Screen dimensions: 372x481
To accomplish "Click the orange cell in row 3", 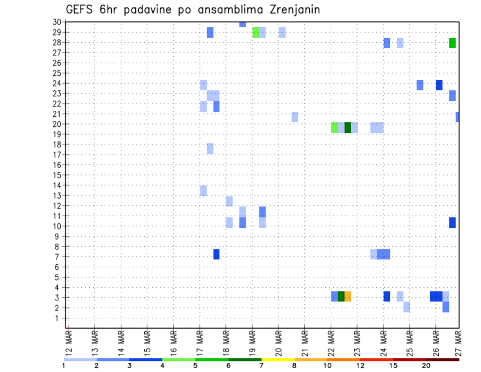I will tap(348, 296).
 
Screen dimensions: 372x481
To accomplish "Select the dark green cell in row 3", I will tap(341, 296).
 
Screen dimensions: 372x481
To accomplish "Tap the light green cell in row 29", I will tap(256, 33).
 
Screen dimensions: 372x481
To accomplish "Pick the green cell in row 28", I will tap(452, 43).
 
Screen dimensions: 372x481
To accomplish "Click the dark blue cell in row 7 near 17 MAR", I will tap(216, 254).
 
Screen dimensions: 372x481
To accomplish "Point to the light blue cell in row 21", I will tap(295, 117).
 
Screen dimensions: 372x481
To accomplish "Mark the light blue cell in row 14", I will tap(203, 191).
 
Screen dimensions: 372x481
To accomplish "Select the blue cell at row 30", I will tap(243, 24).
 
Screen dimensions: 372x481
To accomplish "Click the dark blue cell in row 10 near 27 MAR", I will tap(452, 223).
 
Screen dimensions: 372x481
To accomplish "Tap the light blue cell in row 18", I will tap(210, 149).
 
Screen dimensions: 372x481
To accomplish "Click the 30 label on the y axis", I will tap(57, 22).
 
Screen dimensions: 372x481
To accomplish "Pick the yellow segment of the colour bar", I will tap(278, 359).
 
